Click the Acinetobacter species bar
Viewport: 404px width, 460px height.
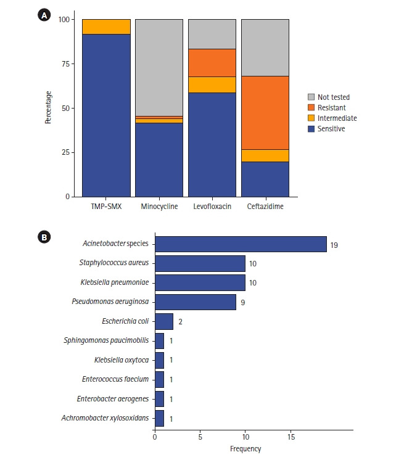[240, 244]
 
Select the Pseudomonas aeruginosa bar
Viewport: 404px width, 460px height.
[195, 302]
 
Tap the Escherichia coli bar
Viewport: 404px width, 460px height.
[163, 321]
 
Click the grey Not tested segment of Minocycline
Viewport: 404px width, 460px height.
[159, 67]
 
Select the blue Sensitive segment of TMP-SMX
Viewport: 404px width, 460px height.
[106, 115]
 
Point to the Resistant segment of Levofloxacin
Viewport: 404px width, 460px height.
[212, 62]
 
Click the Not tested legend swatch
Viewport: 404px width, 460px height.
[312, 97]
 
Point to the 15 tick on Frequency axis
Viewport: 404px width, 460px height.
[291, 437]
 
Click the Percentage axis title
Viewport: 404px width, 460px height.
[48, 108]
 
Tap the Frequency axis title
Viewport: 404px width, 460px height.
[245, 448]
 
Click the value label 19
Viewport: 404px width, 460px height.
[334, 245]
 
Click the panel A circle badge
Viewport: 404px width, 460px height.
[44, 16]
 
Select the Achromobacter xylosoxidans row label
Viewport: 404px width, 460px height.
[105, 419]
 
